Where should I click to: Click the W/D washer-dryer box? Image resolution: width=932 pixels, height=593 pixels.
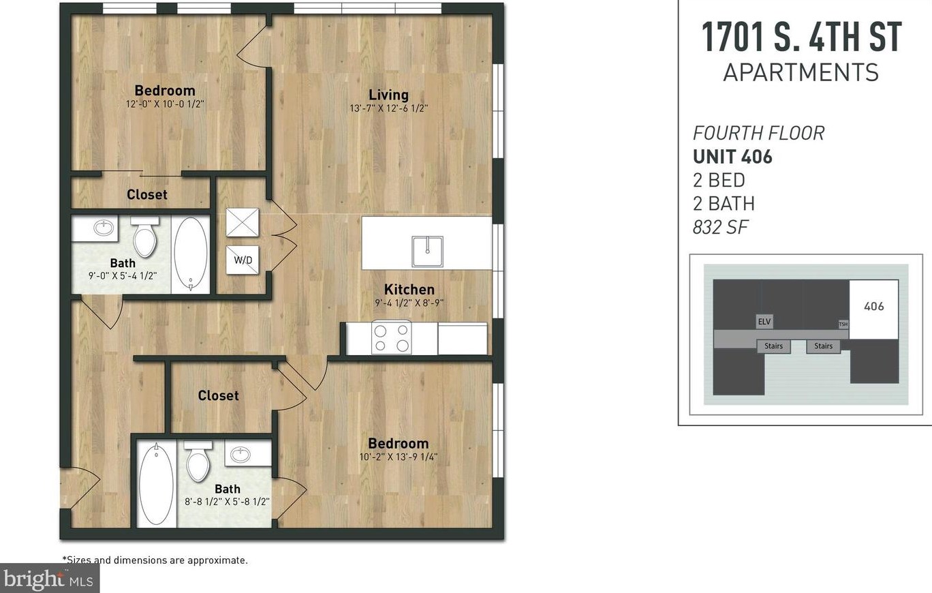coord(242,260)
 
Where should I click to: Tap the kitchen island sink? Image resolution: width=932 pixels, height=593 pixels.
coord(427,252)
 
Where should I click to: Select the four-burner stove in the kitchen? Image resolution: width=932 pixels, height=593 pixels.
coord(392,338)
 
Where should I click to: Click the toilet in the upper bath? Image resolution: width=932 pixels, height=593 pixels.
coord(144,237)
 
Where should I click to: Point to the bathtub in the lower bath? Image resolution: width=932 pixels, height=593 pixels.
coord(156,483)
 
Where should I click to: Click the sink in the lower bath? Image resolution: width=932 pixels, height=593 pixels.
coord(240,455)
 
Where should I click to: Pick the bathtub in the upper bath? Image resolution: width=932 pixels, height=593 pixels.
coord(191,254)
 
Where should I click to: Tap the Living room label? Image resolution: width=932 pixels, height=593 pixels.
coord(388,95)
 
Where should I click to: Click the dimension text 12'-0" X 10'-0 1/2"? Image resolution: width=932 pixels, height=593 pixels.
coord(165,105)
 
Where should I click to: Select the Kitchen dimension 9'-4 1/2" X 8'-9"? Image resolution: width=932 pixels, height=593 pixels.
coord(409,303)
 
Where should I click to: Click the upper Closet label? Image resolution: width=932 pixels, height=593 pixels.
coord(146,195)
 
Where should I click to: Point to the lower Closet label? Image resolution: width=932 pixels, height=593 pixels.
coord(218,395)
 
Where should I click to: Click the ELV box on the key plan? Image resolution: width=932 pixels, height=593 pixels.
coord(764,321)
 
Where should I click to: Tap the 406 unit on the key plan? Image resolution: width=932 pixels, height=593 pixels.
coord(873,307)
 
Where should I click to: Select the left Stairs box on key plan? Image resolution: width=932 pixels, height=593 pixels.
coord(773,346)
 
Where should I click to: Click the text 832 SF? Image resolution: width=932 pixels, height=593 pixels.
coord(720,228)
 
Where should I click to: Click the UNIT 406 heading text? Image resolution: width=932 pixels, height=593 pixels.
coord(732,157)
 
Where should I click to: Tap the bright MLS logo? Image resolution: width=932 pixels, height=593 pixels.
coord(49,579)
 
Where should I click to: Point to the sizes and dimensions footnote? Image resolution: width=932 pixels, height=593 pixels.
coord(155,560)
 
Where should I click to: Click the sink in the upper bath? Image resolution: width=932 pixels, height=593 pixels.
coord(104,228)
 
